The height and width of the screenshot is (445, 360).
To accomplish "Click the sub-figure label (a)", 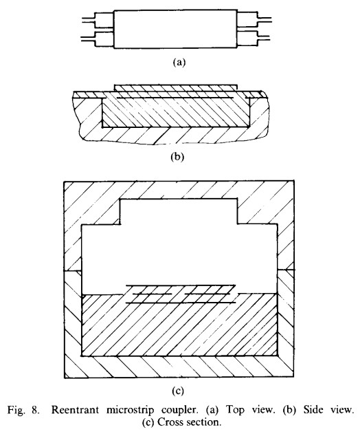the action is [179, 62].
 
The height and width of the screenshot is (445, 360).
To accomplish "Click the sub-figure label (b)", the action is [177, 156].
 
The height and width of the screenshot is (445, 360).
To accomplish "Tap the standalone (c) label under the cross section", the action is [178, 391].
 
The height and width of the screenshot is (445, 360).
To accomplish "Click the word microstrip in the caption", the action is [131, 411].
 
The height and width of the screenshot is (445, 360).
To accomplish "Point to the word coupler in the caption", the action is [179, 411].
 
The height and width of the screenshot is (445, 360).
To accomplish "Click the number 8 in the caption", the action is [36, 410].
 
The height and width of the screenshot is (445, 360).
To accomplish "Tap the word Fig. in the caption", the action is [16, 411].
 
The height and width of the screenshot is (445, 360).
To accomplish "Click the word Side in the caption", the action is [313, 410].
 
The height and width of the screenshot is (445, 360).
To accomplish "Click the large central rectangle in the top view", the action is [175, 30].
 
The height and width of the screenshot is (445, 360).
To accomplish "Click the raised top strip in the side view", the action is [175, 88].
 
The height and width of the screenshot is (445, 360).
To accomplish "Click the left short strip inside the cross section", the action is [153, 294].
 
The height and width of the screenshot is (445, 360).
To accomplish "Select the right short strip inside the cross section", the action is [207, 294].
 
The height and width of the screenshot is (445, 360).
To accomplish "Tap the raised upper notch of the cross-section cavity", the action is [179, 211].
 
